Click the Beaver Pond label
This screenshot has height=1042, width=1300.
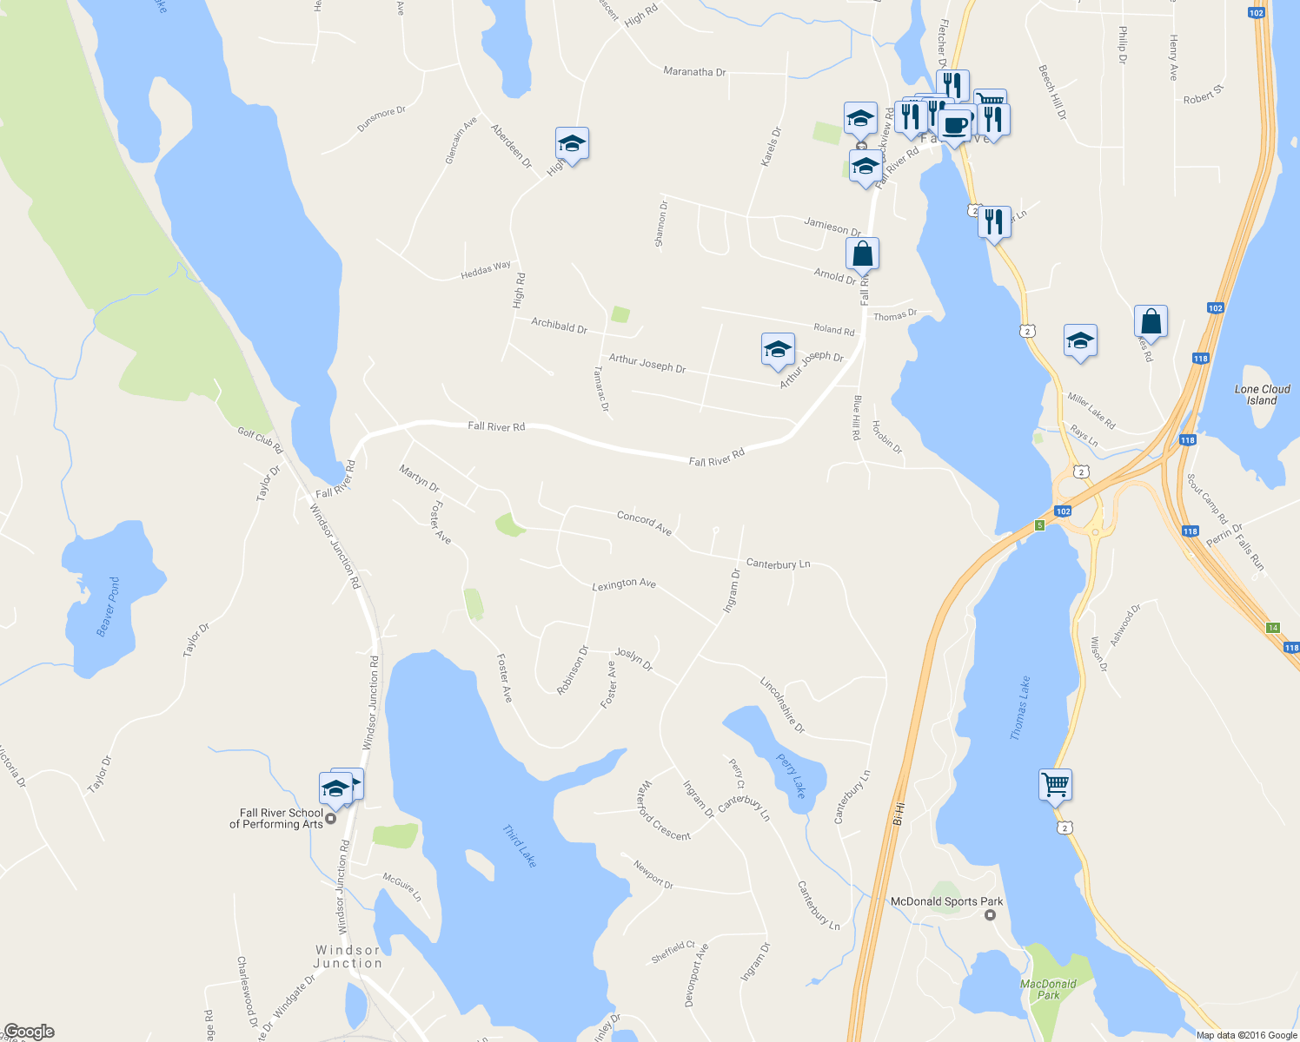(109, 607)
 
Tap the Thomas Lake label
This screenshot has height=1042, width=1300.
(1020, 708)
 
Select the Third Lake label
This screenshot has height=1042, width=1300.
(520, 846)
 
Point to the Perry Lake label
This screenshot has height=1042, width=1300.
(792, 775)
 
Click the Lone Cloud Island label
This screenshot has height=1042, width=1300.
(1262, 395)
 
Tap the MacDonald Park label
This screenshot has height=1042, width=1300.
(1048, 989)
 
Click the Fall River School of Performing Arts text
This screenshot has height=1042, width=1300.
(275, 819)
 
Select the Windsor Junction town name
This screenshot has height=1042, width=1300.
(348, 957)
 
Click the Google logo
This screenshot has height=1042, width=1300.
(28, 1032)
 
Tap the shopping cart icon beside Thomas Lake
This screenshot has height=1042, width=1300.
(1055, 785)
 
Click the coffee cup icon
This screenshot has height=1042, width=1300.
(954, 125)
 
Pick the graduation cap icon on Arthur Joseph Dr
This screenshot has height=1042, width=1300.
(777, 349)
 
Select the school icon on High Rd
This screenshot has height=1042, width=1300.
(572, 143)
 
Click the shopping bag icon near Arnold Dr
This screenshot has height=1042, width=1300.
(862, 254)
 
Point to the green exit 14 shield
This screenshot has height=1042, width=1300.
(1273, 628)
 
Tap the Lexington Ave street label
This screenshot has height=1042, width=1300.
(623, 584)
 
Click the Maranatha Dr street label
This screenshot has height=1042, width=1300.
(694, 72)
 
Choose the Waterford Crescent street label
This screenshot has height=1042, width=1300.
(663, 811)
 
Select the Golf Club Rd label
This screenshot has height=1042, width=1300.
(260, 440)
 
